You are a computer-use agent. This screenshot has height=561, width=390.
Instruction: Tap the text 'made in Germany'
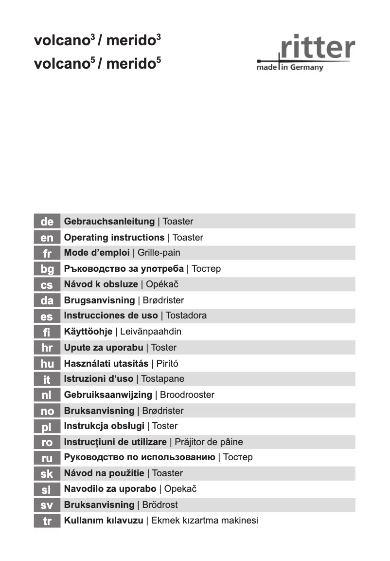point(290,68)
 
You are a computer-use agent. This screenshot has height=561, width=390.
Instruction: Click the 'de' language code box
point(47,222)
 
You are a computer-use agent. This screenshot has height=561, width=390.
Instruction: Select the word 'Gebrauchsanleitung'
point(109,222)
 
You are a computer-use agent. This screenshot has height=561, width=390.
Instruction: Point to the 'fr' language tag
point(47,253)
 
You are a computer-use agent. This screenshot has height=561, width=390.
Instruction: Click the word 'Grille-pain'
point(159,253)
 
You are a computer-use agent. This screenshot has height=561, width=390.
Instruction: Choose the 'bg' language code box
point(47,269)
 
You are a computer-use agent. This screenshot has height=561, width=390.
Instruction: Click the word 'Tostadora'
point(186,316)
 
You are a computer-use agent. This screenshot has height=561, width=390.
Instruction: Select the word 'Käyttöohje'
point(88,332)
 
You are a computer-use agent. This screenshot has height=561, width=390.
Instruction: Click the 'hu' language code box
point(47,363)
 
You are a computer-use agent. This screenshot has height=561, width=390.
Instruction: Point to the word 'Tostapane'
point(162,378)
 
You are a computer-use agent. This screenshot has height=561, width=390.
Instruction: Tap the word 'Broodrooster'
point(187,394)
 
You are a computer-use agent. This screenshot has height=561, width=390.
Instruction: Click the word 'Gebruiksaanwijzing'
point(108,394)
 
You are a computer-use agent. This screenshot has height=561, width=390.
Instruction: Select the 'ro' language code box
point(47,442)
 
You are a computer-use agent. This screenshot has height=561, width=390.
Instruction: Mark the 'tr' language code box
point(47,521)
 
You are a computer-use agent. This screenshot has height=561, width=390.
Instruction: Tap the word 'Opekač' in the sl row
point(180,488)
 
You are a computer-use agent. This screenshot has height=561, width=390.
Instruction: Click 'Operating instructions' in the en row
point(114,238)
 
